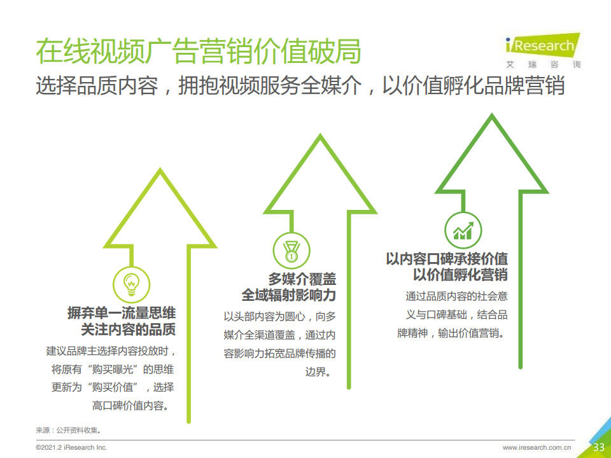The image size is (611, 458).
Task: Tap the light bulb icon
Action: pyautogui.click(x=131, y=285)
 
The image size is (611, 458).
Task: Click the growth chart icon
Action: pyautogui.click(x=463, y=230)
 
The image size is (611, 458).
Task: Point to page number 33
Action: pyautogui.click(x=598, y=447)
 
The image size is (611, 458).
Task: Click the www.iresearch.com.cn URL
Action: pyautogui.click(x=537, y=447)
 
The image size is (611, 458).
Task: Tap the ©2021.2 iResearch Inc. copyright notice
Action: pyautogui.click(x=71, y=447)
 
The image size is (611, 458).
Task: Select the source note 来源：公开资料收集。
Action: pyautogui.click(x=69, y=431)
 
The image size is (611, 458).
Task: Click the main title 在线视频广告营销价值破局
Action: pyautogui.click(x=199, y=51)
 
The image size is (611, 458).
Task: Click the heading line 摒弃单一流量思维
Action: pyautogui.click(x=122, y=313)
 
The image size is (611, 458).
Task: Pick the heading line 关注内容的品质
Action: pyautogui.click(x=129, y=329)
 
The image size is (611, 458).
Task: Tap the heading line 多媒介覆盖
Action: pyautogui.click(x=302, y=279)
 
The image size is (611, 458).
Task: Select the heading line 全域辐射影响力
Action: pyautogui.click(x=289, y=295)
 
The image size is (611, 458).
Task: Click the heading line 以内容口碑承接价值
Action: pyautogui.click(x=447, y=259)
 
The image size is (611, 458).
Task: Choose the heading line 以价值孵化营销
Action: pyautogui.click(x=461, y=275)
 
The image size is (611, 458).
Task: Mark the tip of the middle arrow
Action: pyautogui.click(x=320, y=134)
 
